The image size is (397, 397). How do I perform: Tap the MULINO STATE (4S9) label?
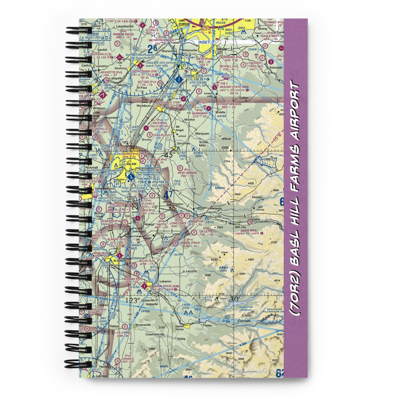tap(231, 87)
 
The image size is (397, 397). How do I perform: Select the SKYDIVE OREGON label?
tap(228, 104)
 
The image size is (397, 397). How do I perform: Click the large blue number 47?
tap(168, 195)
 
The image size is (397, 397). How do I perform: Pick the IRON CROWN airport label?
tap(187, 173)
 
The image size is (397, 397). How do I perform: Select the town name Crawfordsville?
tap(153, 334)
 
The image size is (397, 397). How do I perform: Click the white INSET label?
tap(204, 42)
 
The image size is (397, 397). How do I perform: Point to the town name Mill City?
tap(241, 227)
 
